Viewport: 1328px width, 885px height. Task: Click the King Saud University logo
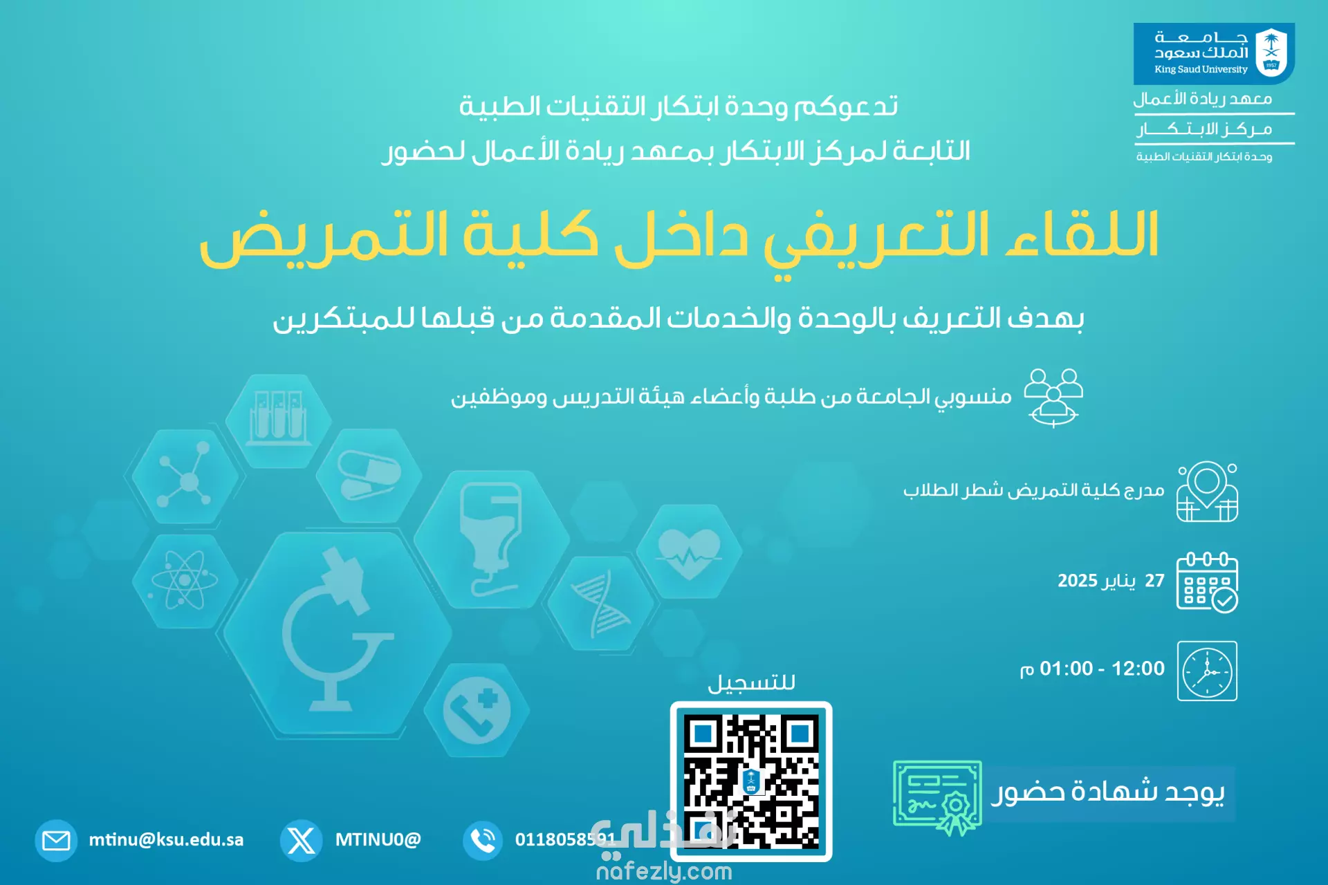pos(1214,53)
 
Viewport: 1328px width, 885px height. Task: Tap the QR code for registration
pos(751,781)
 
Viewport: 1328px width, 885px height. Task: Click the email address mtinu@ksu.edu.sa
pos(166,839)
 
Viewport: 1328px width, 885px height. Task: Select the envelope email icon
pos(56,840)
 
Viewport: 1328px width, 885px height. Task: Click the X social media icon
pos(301,840)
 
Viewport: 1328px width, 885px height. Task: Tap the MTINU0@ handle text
pos(378,839)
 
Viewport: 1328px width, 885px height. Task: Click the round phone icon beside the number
pos(483,840)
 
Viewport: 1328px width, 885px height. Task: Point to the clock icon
pos(1207,671)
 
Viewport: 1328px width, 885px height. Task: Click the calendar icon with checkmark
pos(1207,581)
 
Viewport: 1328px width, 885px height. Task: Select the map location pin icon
pos(1207,492)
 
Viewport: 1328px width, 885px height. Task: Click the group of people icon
pos(1053,398)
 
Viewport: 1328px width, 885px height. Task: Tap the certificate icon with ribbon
pos(938,796)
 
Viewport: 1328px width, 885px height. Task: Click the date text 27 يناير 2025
pos(1111,581)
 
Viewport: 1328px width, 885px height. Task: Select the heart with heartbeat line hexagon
pos(689,551)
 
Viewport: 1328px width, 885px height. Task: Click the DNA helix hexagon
pos(601,604)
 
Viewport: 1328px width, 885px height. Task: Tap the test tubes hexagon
pos(278,420)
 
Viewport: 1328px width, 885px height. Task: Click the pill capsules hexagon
pos(369,476)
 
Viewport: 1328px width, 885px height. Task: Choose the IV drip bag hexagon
pos(492,539)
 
